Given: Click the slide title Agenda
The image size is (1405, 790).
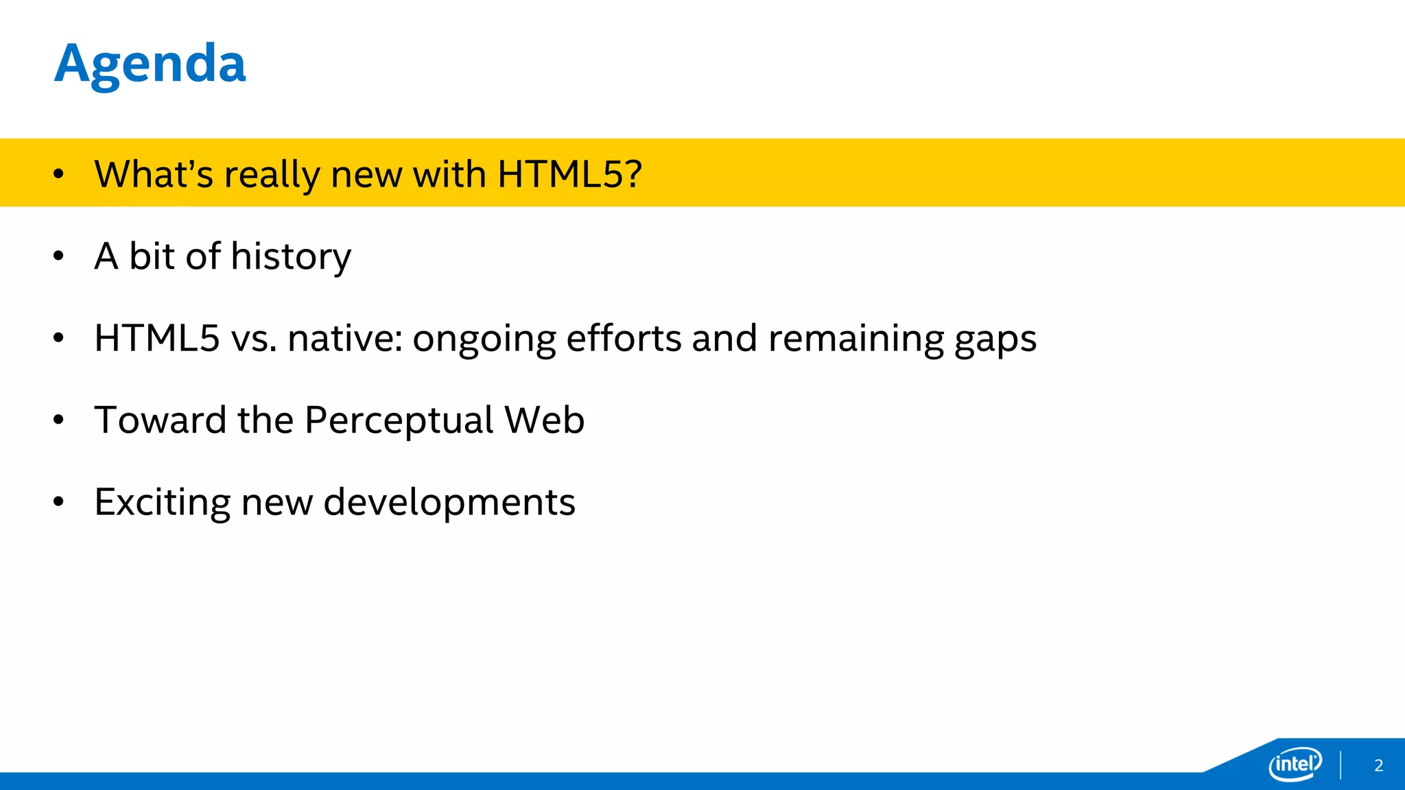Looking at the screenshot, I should [150, 64].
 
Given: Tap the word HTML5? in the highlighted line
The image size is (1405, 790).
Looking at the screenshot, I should [569, 174].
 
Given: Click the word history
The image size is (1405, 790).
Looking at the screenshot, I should [291, 257].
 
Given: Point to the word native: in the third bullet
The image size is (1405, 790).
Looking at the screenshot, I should [345, 338].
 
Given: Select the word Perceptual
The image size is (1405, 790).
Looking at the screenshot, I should [399, 420].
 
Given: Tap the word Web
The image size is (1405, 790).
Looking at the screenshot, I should [544, 420].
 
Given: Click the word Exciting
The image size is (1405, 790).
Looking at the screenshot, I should [163, 503].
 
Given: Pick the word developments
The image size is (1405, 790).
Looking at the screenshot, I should [449, 503].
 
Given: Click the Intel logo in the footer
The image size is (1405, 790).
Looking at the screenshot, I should [1295, 764].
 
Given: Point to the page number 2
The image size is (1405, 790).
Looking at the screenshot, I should [1378, 765].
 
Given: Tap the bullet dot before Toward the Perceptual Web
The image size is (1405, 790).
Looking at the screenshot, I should [58, 420].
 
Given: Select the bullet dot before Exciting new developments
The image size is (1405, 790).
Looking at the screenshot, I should [58, 502].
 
